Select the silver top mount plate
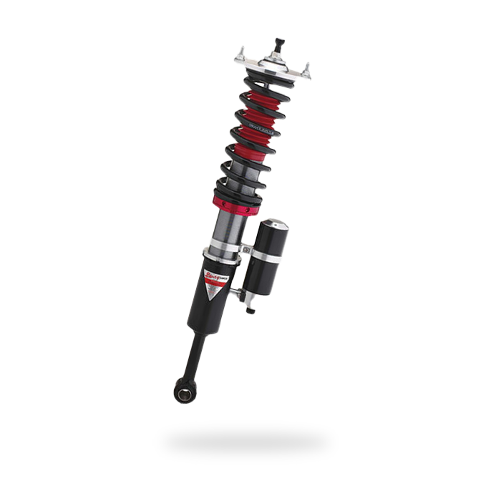tap(271, 69)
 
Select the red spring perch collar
tap(233, 204)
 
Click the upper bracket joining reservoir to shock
tap(245, 251)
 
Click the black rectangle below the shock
tap(245, 442)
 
